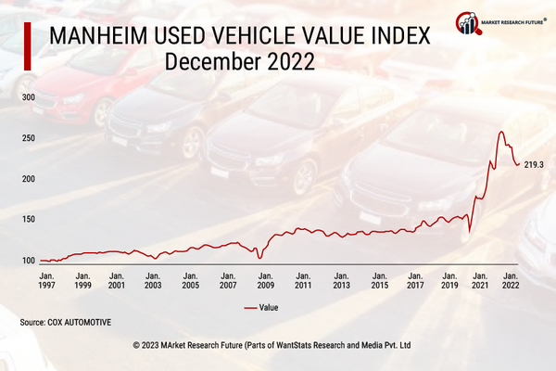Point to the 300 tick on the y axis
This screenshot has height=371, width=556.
click(28, 97)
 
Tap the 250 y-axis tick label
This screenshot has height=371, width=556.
click(28, 138)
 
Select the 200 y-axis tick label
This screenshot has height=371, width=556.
click(28, 179)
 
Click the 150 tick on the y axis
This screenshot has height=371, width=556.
click(28, 219)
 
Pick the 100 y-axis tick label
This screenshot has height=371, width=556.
click(28, 260)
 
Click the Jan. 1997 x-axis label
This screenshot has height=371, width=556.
click(45, 281)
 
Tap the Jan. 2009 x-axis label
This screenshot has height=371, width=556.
click(265, 281)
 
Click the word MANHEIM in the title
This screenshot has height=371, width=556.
click(105, 37)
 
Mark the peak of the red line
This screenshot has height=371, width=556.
click(501, 132)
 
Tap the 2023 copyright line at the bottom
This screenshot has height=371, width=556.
click(278, 344)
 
